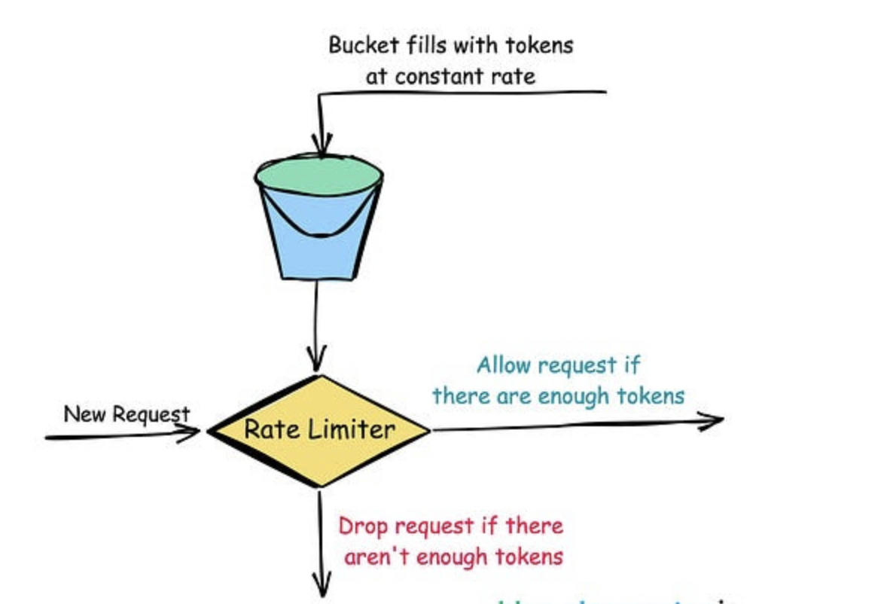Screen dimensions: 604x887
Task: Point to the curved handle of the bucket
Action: click(x=319, y=230)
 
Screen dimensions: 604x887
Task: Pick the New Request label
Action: click(x=126, y=413)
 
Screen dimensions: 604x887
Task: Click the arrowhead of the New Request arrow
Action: click(x=190, y=432)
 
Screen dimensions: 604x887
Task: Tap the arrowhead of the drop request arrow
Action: click(x=322, y=588)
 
